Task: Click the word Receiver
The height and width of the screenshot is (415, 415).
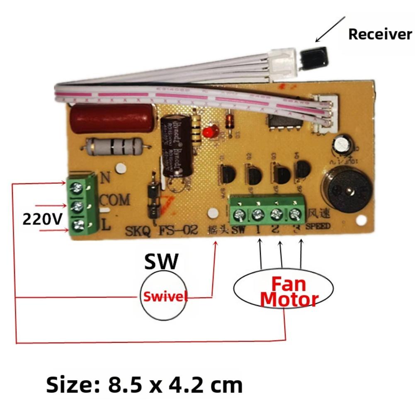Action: pos(380,34)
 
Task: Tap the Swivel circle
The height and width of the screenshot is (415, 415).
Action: pos(163,296)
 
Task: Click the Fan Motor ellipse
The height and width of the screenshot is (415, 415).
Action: pos(283,291)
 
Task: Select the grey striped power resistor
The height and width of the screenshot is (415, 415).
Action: pos(116,146)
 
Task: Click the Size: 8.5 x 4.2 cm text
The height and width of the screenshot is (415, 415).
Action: pos(144,385)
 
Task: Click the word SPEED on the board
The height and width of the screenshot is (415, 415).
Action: pos(318,226)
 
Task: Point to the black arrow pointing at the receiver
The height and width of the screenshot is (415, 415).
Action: pos(330,29)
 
